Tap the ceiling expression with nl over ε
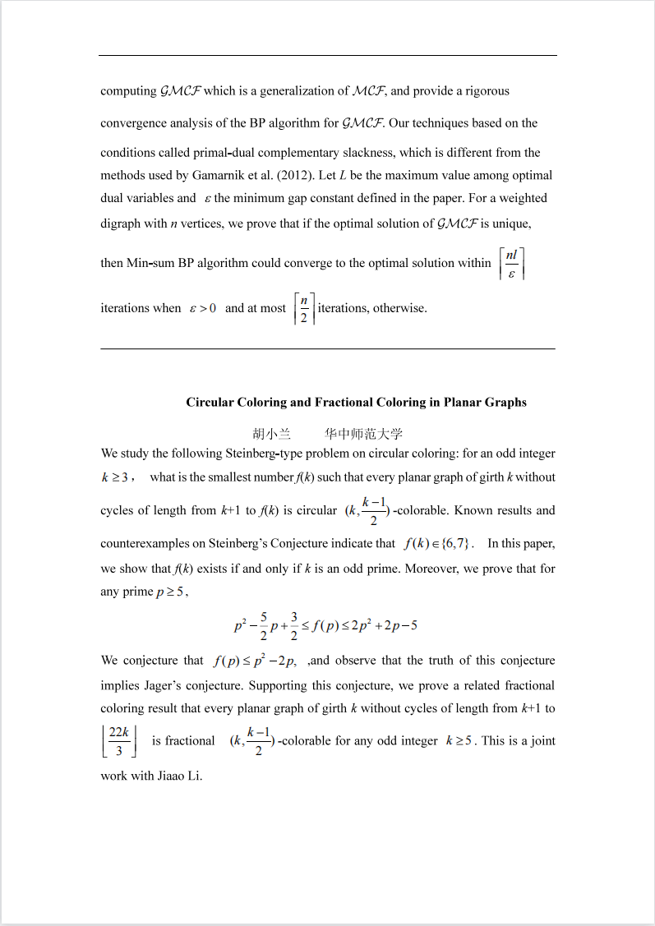point(511,263)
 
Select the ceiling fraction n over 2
point(304,309)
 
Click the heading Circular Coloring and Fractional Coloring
point(356,402)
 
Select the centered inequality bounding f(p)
point(325,625)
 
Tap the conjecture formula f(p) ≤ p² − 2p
point(254,661)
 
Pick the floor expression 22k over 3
point(118,740)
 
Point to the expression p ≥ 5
point(170,592)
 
